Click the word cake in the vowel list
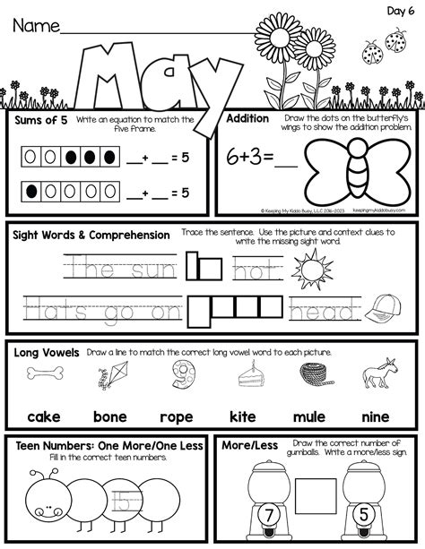pos(43,416)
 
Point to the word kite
pos(244,416)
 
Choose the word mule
pos(310,416)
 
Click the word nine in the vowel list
pos(375,416)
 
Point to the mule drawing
pos(375,375)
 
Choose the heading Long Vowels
pos(47,352)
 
